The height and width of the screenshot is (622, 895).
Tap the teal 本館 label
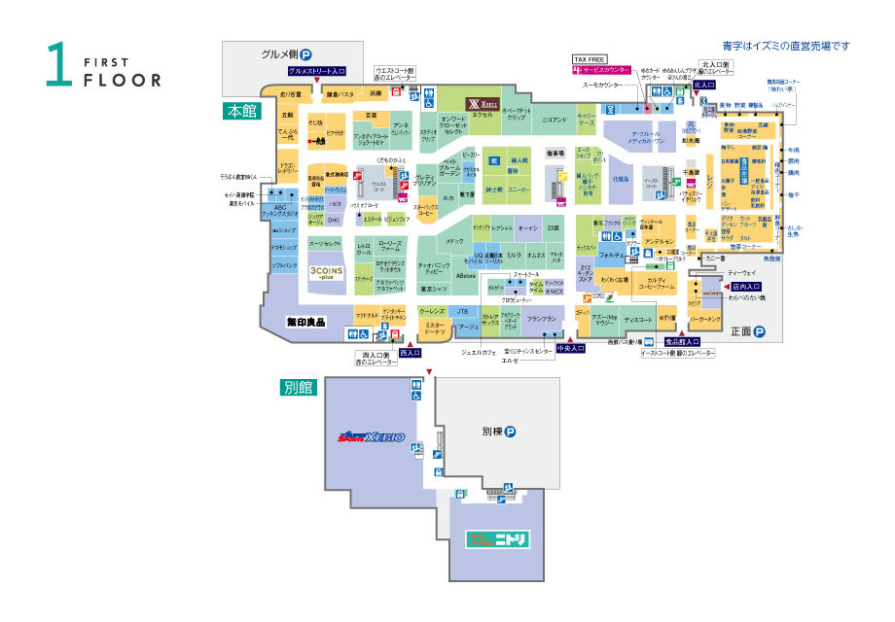coord(239,111)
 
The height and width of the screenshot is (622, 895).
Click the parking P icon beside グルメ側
coord(304,55)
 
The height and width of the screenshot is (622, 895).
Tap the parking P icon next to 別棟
coord(509,432)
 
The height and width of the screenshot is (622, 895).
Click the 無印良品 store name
coord(305,322)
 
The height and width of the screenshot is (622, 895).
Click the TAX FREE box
coord(591,59)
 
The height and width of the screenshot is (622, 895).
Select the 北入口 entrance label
coord(704,86)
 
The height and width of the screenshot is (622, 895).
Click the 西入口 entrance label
coord(410,353)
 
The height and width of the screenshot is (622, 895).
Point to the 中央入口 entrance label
coord(570,348)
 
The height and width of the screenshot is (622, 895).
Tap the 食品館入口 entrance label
coord(683,342)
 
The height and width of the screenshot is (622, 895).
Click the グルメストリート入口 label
coord(317,71)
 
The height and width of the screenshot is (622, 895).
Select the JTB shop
coord(463,311)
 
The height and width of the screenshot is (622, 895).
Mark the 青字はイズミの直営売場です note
coord(786,46)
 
